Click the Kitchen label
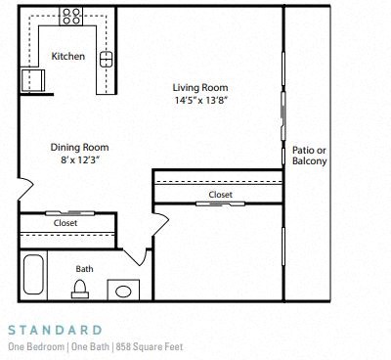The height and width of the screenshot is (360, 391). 68,57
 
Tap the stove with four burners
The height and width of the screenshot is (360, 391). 72,16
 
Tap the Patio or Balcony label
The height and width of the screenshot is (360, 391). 309,156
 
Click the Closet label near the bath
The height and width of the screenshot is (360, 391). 65,223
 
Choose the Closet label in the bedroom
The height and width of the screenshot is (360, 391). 221,195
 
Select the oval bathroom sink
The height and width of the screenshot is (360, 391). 123,291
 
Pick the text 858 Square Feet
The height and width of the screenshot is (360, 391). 153,346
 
